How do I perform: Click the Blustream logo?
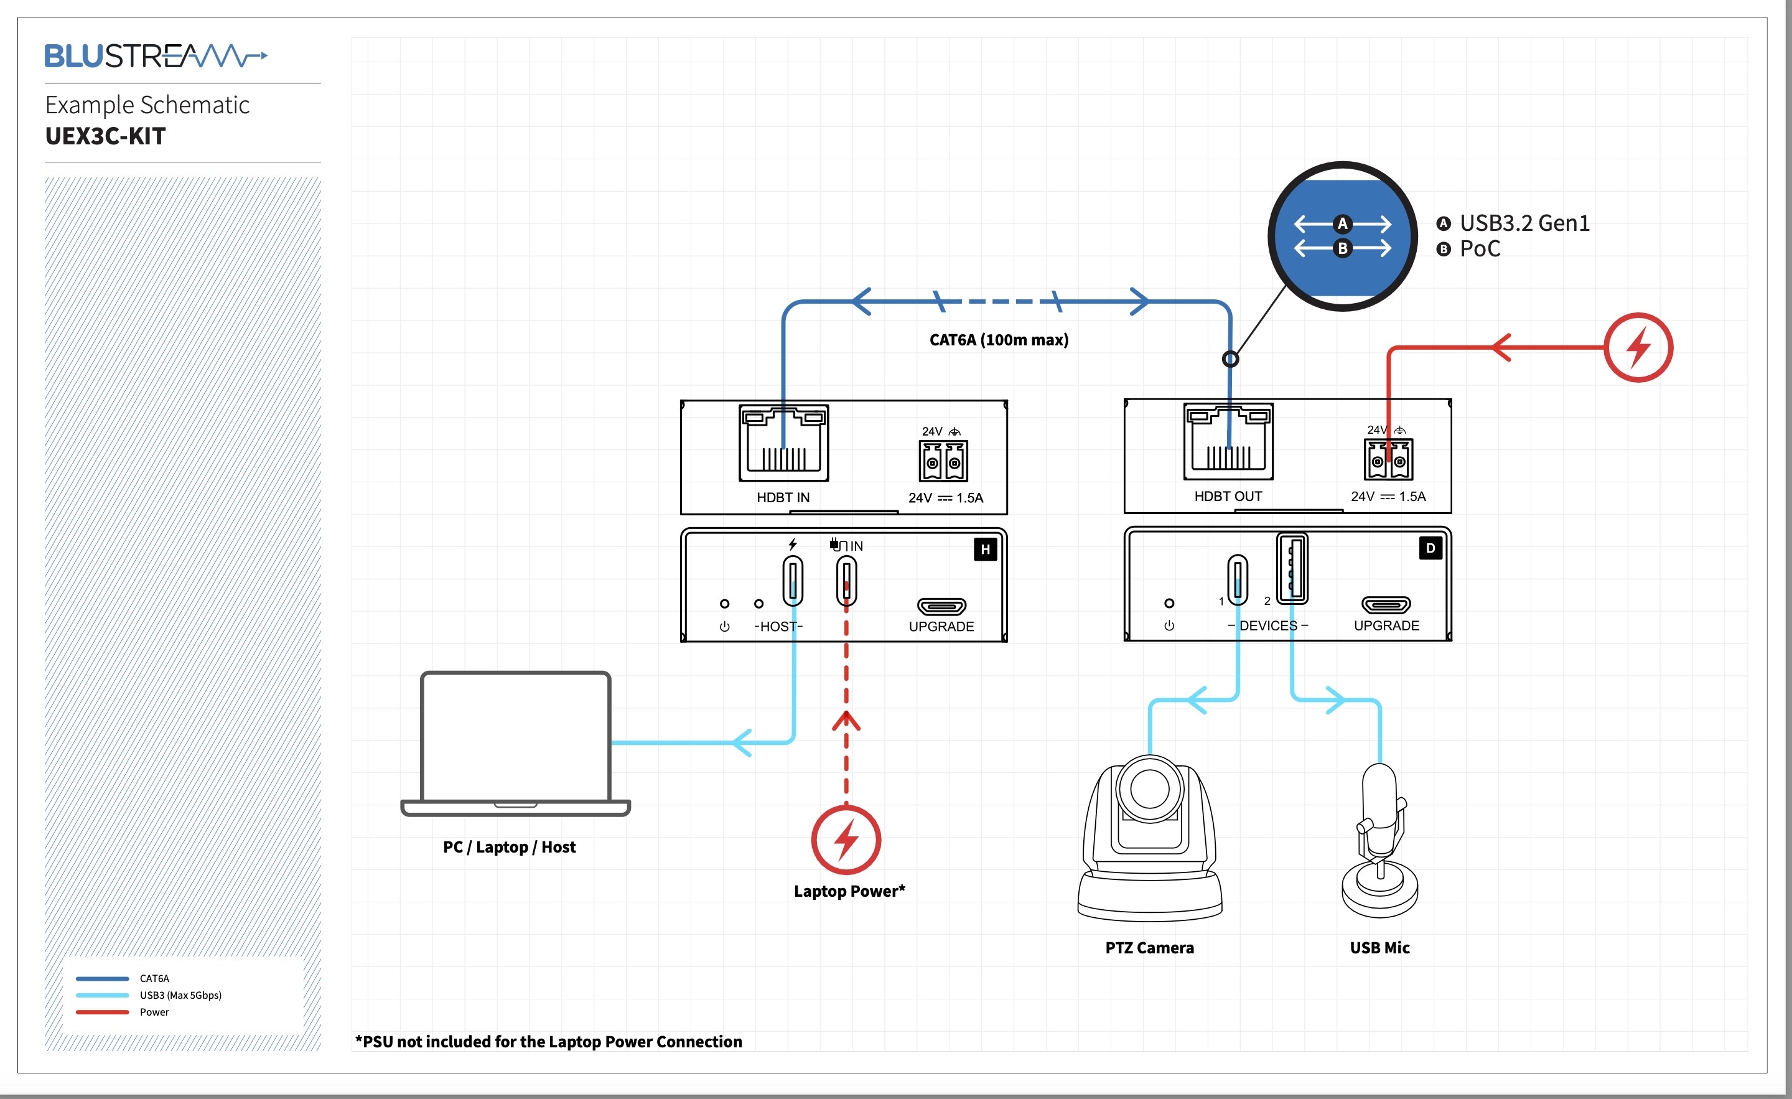(156, 55)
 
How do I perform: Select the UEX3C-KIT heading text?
(105, 136)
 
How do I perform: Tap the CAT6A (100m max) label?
(999, 340)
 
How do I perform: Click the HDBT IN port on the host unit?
(783, 443)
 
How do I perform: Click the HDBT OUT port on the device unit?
(1228, 441)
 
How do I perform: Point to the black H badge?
(985, 549)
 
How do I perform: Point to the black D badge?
(1430, 548)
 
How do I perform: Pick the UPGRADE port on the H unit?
(941, 606)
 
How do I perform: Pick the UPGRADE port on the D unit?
(1386, 604)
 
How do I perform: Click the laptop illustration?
(515, 742)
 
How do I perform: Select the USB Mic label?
(1379, 948)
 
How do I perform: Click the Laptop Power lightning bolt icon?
(846, 839)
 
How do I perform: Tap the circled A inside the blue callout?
(1343, 224)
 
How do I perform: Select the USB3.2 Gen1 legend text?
(1524, 223)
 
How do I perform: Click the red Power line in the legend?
(103, 1012)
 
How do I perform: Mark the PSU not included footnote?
(548, 1042)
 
